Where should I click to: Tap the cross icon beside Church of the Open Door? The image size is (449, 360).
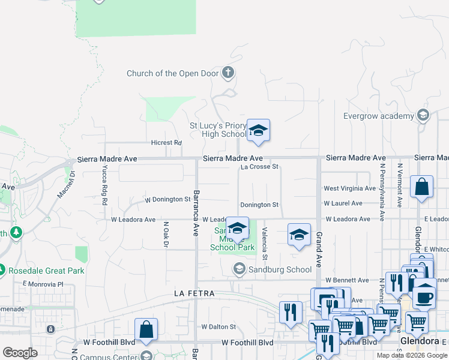(x=228, y=73)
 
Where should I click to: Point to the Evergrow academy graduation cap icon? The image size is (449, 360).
(x=423, y=115)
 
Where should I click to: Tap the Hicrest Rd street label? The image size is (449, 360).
(x=166, y=143)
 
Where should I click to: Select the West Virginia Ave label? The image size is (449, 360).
(x=349, y=188)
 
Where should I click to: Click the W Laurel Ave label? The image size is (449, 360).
(x=344, y=203)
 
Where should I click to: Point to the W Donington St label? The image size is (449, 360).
(x=167, y=199)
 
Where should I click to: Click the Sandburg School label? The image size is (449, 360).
(x=282, y=269)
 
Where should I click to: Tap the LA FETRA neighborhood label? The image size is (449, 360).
(x=194, y=294)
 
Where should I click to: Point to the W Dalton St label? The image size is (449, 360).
(x=219, y=327)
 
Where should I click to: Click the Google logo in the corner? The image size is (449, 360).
(x=20, y=353)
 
